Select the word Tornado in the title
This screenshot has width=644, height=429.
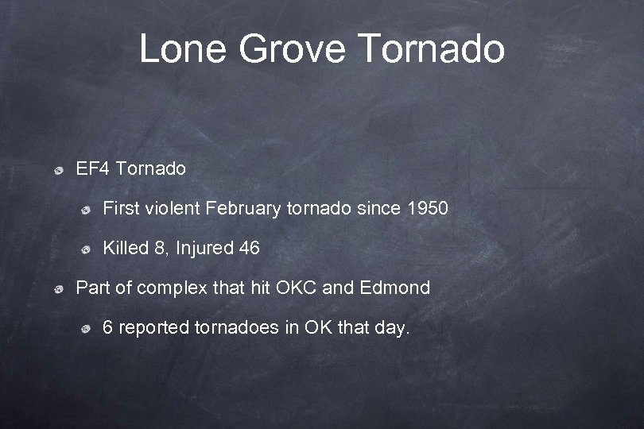432,48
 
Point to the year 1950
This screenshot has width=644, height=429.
428,208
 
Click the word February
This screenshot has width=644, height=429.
242,208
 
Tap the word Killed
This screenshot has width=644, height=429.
126,248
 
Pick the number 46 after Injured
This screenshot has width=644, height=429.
249,248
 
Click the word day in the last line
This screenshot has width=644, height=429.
394,327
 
